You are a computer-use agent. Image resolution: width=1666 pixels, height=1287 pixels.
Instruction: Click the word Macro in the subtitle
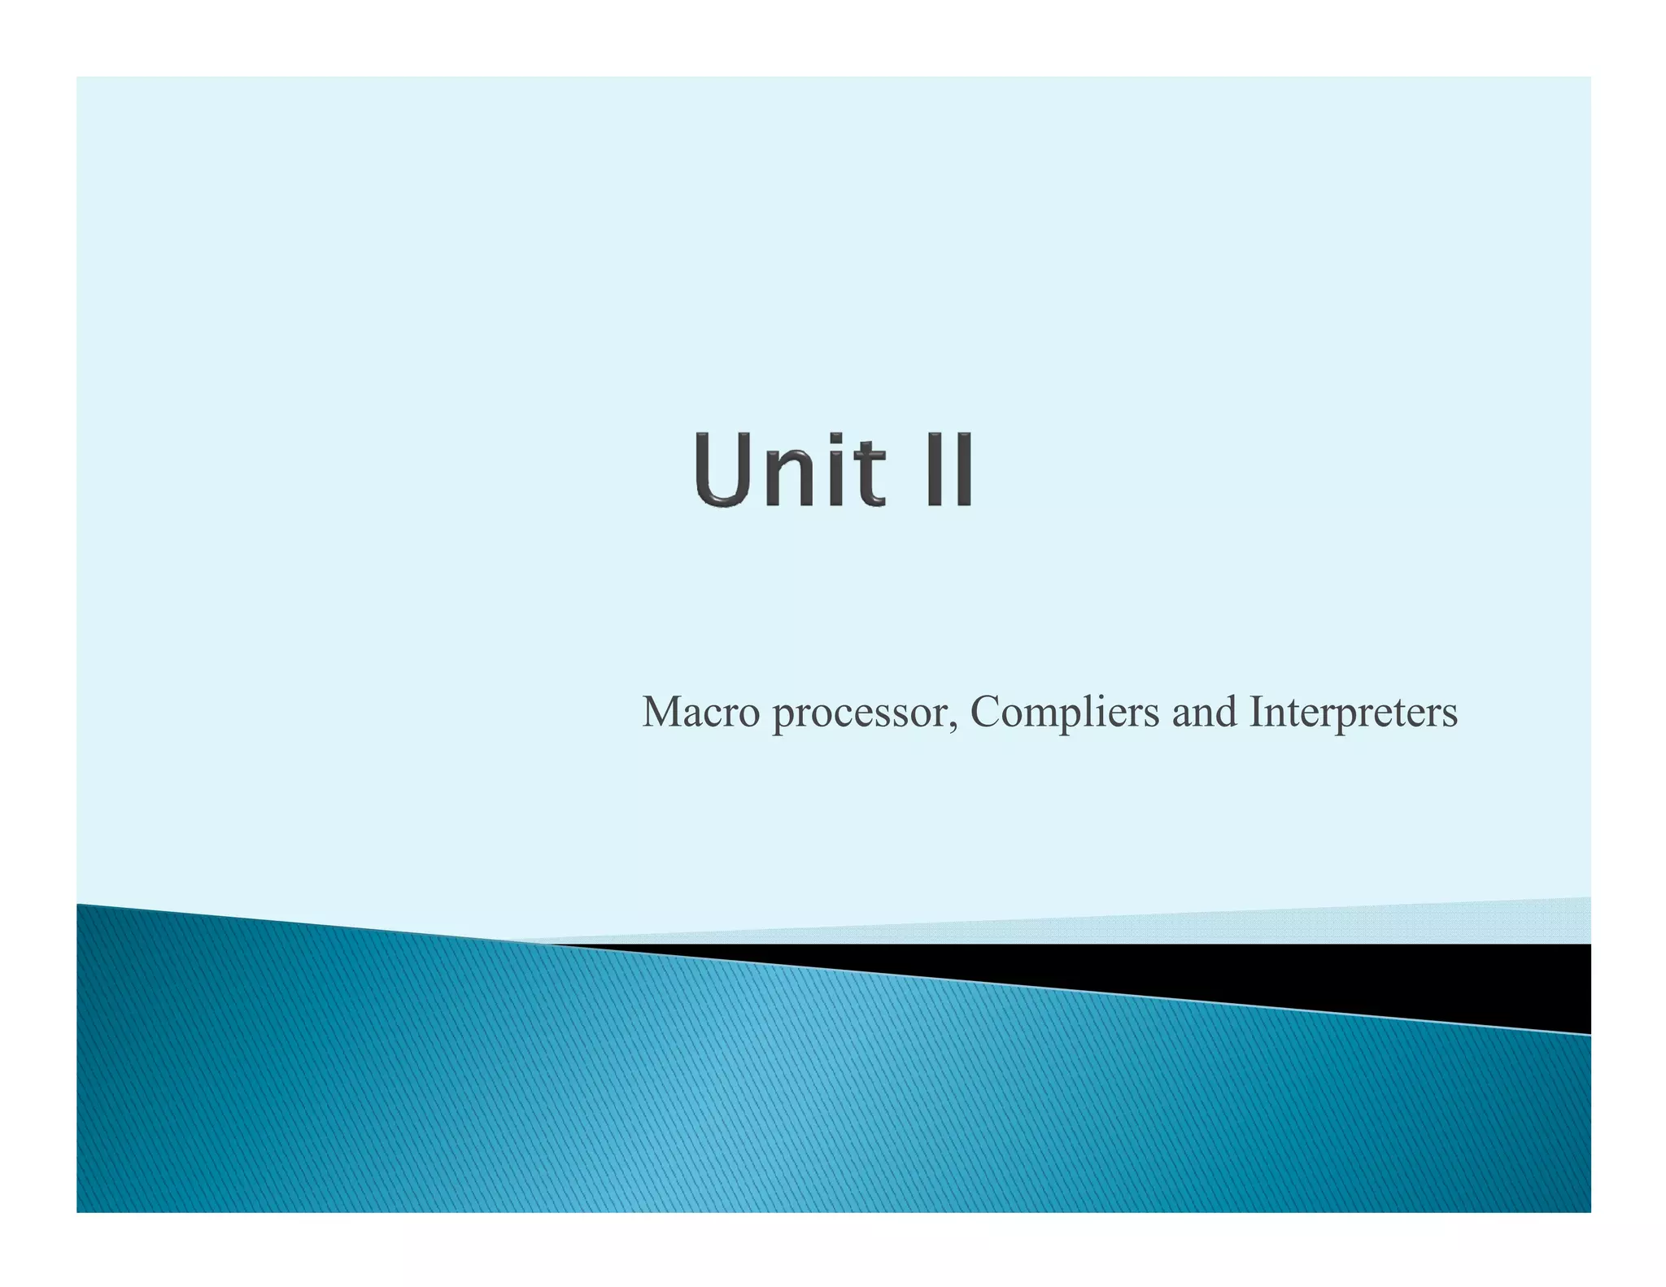coord(701,712)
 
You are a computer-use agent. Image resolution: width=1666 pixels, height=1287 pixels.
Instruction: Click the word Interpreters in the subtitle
coord(1353,713)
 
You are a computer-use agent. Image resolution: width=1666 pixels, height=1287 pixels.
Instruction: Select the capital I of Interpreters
coord(1256,712)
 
